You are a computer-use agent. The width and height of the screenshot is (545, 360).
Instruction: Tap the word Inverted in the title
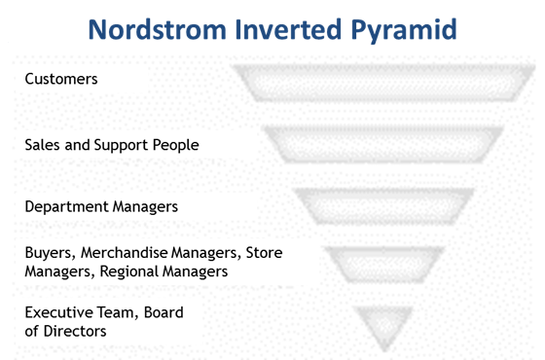pos(281,28)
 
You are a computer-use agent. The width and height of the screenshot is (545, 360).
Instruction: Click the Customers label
pos(61,79)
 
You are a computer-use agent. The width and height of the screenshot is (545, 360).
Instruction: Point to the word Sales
pos(42,145)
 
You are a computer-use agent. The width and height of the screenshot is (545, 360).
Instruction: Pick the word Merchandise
pos(124,253)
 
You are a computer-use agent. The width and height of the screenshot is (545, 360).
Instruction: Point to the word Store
pos(264,253)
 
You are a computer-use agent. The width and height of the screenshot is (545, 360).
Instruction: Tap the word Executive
pos(58,313)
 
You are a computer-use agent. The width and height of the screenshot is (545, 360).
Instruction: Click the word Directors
pos(74,331)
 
